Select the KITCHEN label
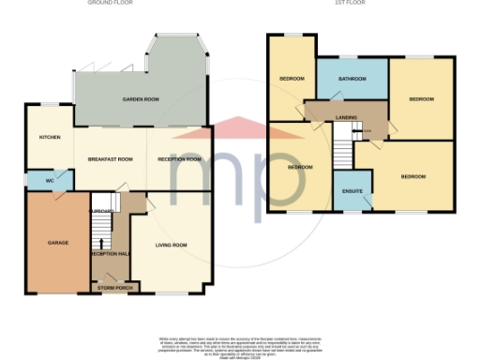click(x=49, y=137)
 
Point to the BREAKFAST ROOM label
click(x=111, y=159)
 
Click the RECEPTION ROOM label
click(x=179, y=159)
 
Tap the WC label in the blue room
click(x=49, y=178)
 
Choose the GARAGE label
click(x=58, y=243)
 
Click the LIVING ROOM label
click(x=172, y=245)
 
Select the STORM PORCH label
click(x=115, y=288)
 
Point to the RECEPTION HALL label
click(x=110, y=254)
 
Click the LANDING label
click(x=346, y=118)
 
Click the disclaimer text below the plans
click(x=239, y=343)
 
